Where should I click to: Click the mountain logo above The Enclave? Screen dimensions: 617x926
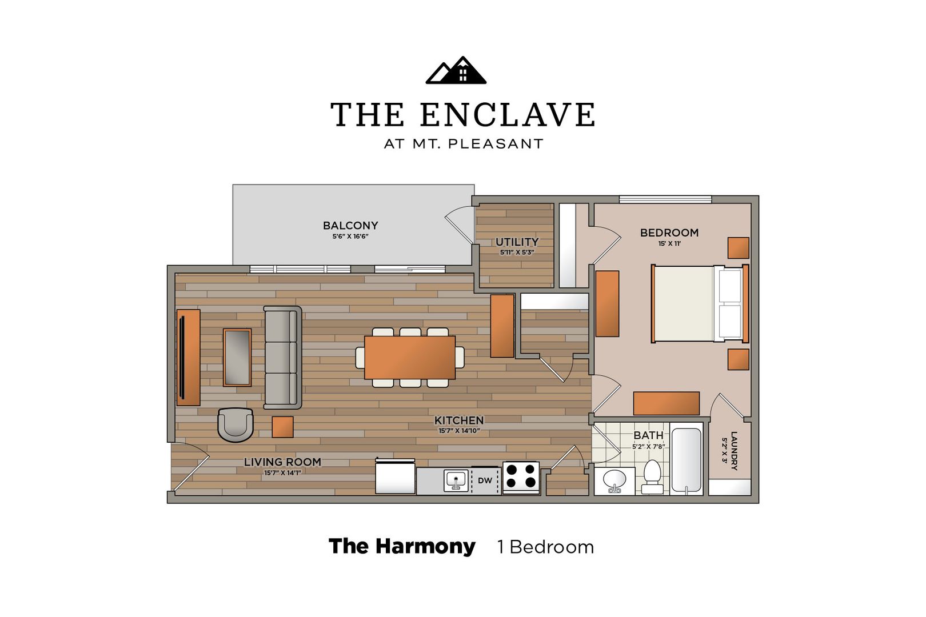coord(456,70)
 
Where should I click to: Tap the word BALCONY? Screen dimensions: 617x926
coord(350,226)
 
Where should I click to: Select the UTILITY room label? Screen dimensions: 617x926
coord(517,242)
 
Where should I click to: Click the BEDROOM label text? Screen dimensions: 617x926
coord(669,233)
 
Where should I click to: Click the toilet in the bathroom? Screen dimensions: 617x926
coord(652,476)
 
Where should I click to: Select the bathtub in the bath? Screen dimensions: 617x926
coord(686,459)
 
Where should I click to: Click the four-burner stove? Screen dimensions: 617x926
coord(521,476)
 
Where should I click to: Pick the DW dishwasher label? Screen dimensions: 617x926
coord(485,480)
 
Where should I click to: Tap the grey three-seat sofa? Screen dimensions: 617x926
coord(282,358)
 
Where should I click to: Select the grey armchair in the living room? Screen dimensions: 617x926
coord(235,424)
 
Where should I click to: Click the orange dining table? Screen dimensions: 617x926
coord(410,357)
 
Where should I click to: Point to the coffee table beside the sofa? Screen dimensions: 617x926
coord(237,357)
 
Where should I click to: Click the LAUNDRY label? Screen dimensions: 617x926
coord(734,450)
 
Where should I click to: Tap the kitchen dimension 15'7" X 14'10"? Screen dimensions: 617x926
coord(458,431)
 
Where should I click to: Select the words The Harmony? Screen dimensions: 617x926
coord(402,546)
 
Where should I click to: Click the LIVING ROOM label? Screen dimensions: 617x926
coord(282,462)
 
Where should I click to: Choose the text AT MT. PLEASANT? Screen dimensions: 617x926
coord(463,144)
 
